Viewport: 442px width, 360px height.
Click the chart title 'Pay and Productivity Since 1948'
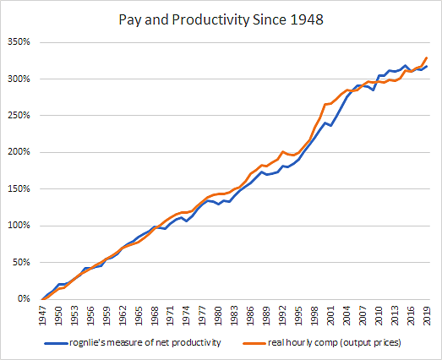point(221,18)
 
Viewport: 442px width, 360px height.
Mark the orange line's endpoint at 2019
point(427,57)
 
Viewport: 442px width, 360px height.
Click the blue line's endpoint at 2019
point(427,67)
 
